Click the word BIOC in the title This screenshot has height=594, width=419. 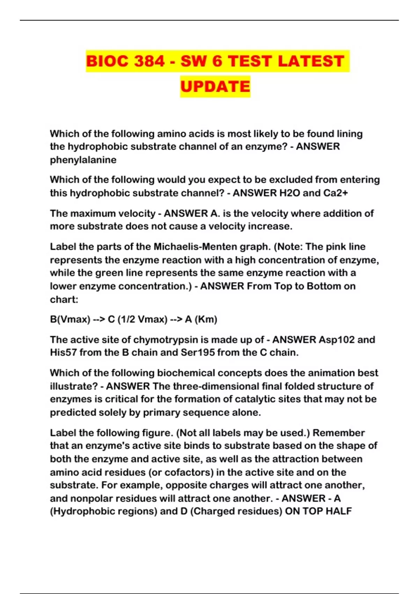pyautogui.click(x=108, y=61)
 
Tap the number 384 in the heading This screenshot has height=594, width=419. pyautogui.click(x=149, y=61)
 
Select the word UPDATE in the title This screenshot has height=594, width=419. pyautogui.click(x=215, y=86)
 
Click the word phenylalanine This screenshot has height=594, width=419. pyautogui.click(x=83, y=160)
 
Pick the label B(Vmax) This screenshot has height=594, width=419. pyautogui.click(x=70, y=319)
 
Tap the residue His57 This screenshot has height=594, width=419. pyautogui.click(x=63, y=353)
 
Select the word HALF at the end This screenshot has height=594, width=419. pyautogui.click(x=338, y=512)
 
